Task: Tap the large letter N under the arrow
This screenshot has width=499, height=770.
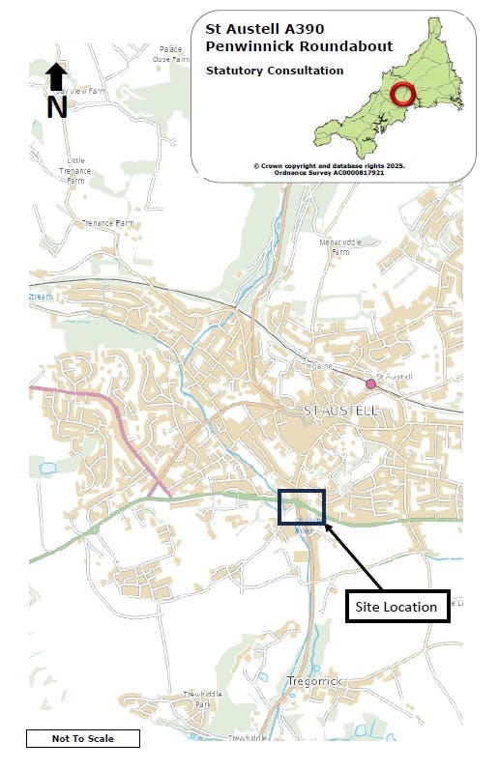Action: (x=57, y=105)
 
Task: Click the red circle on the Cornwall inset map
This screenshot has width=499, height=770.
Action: (x=403, y=95)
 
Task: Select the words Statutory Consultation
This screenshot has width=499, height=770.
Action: (x=274, y=71)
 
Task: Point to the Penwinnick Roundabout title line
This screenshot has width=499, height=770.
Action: (x=299, y=45)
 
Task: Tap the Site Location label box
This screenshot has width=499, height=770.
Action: (x=397, y=607)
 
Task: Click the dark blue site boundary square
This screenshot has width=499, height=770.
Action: (x=301, y=506)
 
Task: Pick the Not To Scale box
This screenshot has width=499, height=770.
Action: (x=82, y=739)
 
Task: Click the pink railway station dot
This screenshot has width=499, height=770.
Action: (x=370, y=385)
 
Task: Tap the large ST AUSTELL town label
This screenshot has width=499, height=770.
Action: (x=341, y=412)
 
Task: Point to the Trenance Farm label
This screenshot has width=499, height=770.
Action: (x=107, y=223)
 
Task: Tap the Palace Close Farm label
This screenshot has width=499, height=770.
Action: (x=171, y=53)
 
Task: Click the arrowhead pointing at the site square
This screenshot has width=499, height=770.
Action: (x=328, y=527)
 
